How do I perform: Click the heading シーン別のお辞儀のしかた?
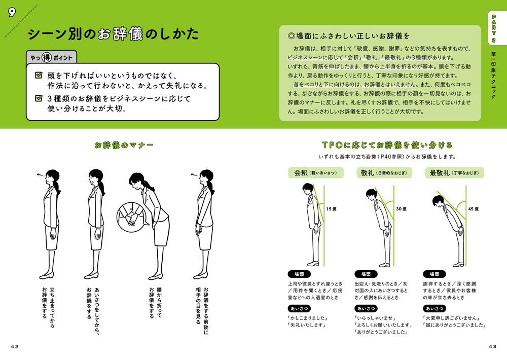(113, 35)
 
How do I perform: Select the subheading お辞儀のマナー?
(124, 145)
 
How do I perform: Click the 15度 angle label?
(332, 208)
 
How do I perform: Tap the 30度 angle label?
(402, 208)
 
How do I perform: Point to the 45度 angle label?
(473, 208)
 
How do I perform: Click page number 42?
(14, 346)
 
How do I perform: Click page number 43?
(492, 346)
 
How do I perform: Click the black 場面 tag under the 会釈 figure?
(296, 274)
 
